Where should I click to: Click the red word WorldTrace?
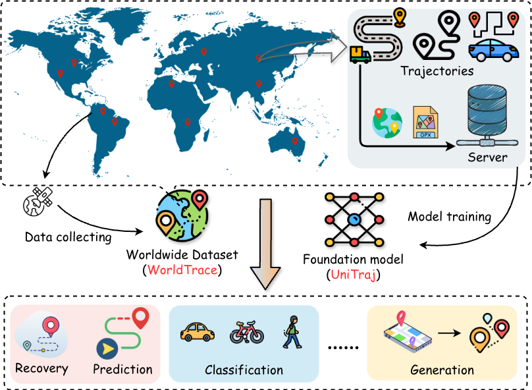click(x=182, y=270)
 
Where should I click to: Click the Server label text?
click(x=487, y=157)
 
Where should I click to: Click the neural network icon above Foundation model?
click(x=354, y=217)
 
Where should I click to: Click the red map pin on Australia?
click(x=294, y=140)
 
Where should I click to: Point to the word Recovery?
click(x=41, y=368)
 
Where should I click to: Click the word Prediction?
click(x=122, y=369)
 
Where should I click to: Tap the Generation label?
click(x=442, y=370)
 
